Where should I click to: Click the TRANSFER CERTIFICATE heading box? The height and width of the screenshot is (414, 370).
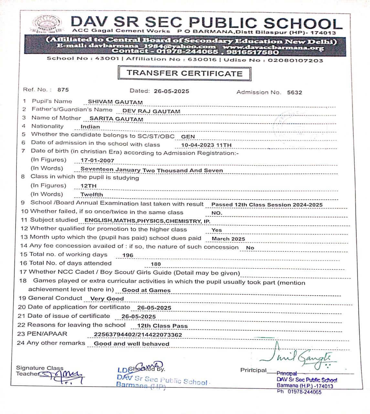(x=184, y=73)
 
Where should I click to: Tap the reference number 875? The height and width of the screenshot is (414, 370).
(x=63, y=90)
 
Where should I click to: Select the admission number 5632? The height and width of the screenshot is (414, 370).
(x=294, y=93)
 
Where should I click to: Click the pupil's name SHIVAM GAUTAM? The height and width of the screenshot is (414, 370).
(x=115, y=102)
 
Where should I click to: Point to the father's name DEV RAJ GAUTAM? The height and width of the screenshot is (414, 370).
(x=151, y=111)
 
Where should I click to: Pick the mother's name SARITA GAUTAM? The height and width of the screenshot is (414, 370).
(x=116, y=119)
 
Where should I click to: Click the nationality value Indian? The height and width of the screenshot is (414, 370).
(x=90, y=127)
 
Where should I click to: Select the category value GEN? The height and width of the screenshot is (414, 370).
(x=188, y=136)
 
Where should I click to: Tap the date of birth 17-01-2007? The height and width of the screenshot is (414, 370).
(x=97, y=160)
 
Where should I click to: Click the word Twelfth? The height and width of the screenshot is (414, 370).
(x=92, y=195)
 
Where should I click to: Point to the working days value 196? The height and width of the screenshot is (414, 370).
(x=128, y=255)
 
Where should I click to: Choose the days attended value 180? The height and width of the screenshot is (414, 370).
(x=156, y=264)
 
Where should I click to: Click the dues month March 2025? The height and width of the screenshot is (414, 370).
(x=228, y=239)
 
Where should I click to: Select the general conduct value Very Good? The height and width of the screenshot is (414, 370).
(x=107, y=299)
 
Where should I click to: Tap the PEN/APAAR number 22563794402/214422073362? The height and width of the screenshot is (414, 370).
(x=138, y=335)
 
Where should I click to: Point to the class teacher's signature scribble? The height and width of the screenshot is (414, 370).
(x=65, y=376)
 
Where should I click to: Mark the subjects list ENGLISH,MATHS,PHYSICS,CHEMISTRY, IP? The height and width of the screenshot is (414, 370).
(x=147, y=221)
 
